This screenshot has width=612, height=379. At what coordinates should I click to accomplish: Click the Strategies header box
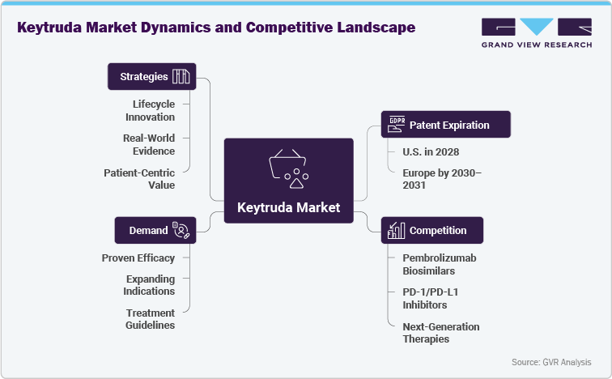click(152, 77)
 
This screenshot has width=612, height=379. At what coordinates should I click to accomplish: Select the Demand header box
click(152, 230)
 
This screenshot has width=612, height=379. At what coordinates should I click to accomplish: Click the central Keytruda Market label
click(288, 207)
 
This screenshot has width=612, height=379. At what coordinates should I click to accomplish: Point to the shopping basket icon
click(288, 166)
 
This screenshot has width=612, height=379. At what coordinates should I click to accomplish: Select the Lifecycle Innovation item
click(154, 111)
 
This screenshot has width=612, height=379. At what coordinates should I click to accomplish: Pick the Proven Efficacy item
click(138, 258)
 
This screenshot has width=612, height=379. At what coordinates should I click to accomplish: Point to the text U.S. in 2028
click(430, 153)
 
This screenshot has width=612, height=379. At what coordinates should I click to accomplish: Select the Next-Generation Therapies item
click(441, 333)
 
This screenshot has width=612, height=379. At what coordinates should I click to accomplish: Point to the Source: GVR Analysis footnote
click(550, 362)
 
